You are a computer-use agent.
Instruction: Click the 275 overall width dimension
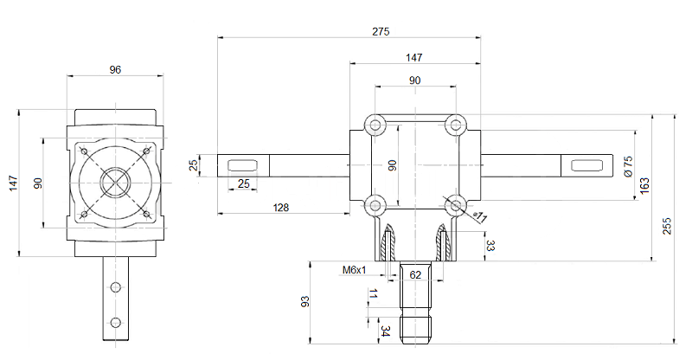[x=381, y=31]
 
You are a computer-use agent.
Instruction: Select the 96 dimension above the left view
[x=115, y=70]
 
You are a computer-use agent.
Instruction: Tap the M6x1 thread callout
[x=355, y=270]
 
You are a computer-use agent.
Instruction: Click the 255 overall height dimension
[x=667, y=227]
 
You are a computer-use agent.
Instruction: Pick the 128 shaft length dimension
[x=279, y=207]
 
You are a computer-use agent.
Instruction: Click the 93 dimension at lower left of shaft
[x=305, y=302]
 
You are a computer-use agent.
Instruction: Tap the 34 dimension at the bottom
[x=385, y=331]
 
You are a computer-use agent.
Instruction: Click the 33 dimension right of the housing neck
[x=490, y=245]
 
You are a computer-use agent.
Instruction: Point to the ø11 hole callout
[x=481, y=216]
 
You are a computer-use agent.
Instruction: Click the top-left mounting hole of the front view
[x=375, y=125]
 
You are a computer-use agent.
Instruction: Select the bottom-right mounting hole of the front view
[x=455, y=205]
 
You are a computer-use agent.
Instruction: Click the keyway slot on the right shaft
[x=587, y=164]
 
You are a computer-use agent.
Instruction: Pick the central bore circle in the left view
[x=114, y=183]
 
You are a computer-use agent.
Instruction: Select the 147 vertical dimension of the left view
[x=12, y=183]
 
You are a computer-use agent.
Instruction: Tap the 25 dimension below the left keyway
[x=243, y=183]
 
